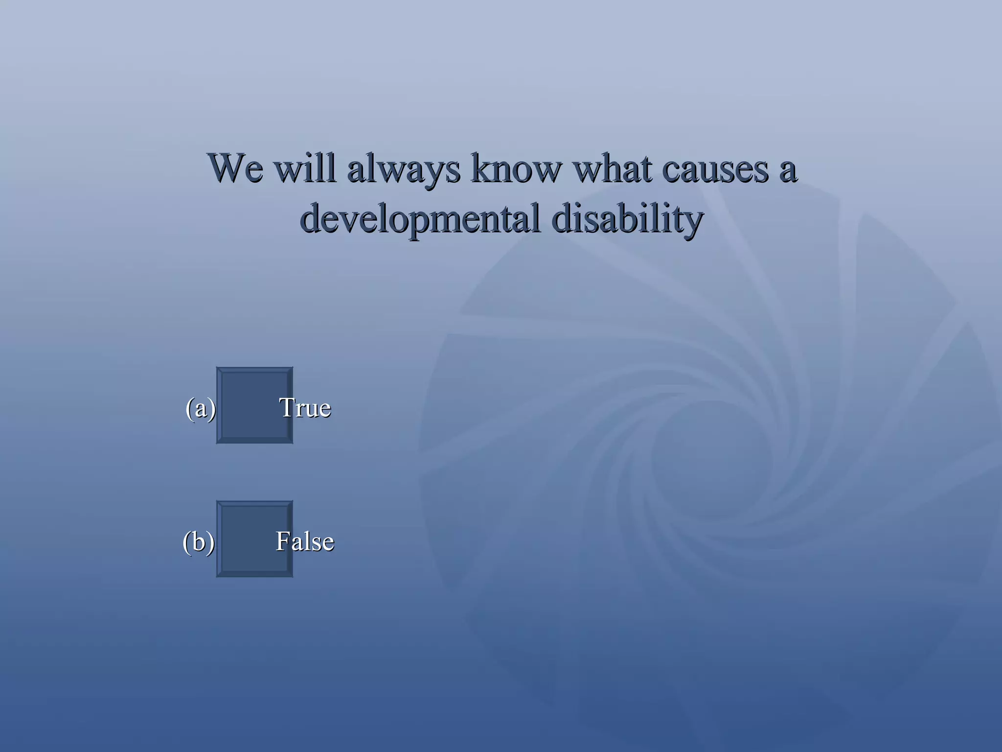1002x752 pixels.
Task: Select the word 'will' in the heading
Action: point(304,168)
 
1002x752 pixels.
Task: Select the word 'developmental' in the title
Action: point(420,219)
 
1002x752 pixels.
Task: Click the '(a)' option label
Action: point(201,408)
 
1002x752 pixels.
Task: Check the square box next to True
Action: point(254,405)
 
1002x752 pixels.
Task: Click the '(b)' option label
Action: point(198,541)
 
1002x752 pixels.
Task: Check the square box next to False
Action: point(254,539)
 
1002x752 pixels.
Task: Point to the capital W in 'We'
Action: point(226,168)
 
